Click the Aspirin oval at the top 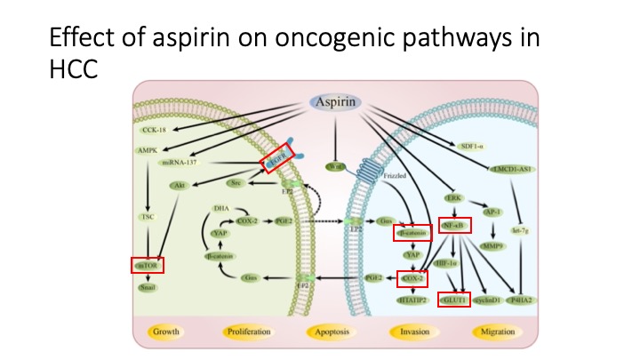(x=334, y=102)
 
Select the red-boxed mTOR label (x=146, y=265)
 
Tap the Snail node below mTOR (x=146, y=287)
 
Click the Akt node (x=179, y=186)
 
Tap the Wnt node (x=334, y=165)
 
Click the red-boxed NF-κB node (x=454, y=228)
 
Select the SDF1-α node (x=472, y=145)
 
